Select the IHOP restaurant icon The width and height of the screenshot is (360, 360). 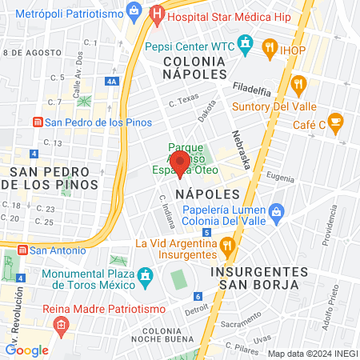[x=270, y=49]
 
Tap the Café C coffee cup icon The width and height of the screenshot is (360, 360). [x=336, y=122]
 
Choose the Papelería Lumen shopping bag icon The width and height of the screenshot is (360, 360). [x=277, y=211]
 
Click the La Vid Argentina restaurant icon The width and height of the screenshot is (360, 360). [x=227, y=243]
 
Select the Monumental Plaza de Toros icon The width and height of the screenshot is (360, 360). [x=145, y=278]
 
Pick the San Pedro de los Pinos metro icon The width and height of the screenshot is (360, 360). [x=36, y=122]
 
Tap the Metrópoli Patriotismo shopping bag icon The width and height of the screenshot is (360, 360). [x=134, y=14]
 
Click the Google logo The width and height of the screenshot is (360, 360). [x=26, y=350]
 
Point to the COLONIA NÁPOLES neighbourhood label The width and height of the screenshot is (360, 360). [x=201, y=67]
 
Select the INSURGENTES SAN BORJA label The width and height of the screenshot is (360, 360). [x=255, y=278]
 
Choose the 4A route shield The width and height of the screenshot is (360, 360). [x=111, y=81]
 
